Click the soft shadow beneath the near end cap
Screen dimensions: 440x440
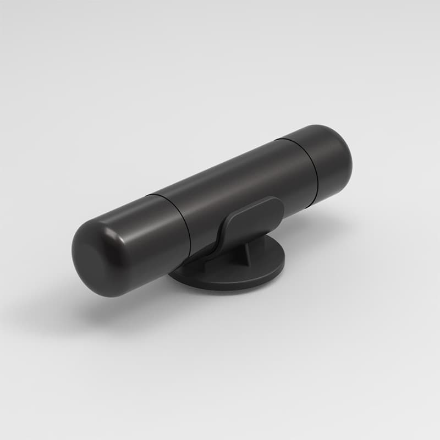coord(110,313)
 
